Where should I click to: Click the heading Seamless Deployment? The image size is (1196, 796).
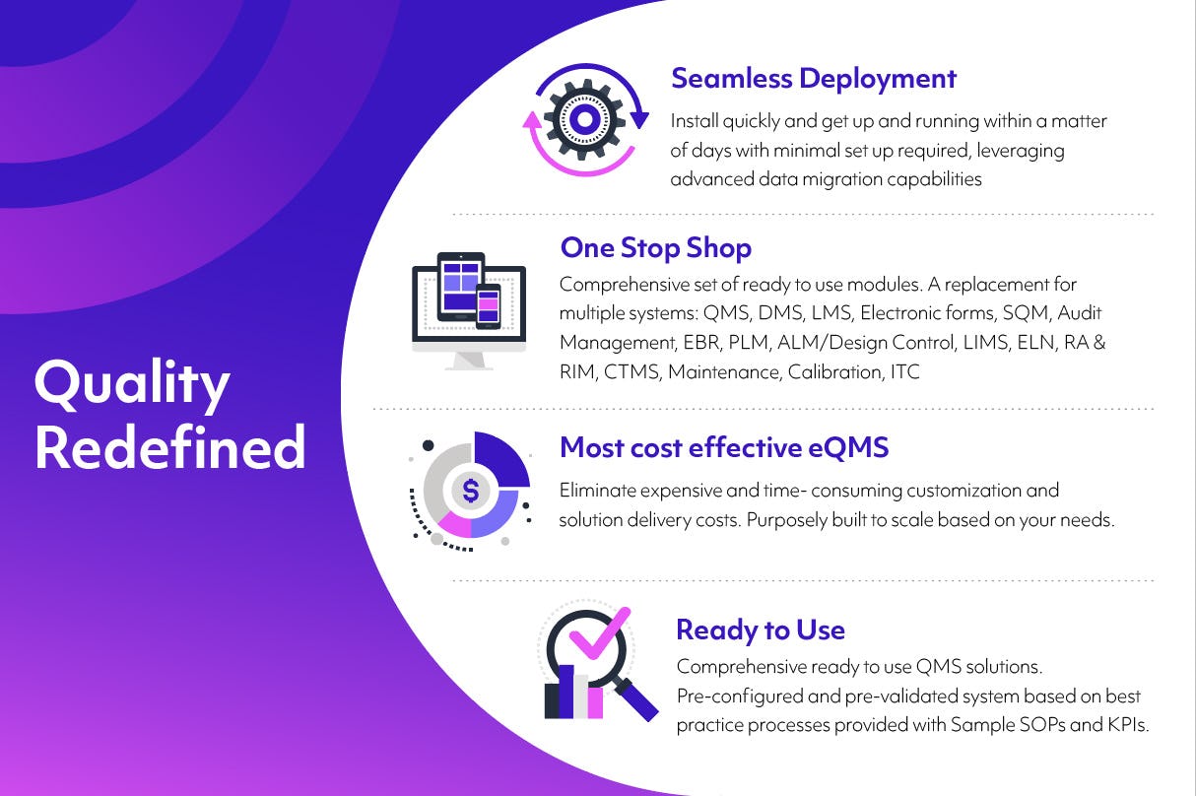coord(813,79)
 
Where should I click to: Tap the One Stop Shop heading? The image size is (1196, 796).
coord(655,247)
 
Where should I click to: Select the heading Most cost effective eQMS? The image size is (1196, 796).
coord(724,447)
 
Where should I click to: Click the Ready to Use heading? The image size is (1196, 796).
coord(760,630)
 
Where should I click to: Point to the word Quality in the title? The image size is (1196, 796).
coord(132,384)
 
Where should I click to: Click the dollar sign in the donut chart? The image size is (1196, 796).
coord(471,489)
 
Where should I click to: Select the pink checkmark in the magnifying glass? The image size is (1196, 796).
coord(598,636)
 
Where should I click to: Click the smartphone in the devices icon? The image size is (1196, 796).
coord(489,306)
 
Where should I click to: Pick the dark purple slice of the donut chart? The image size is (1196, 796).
coord(501,460)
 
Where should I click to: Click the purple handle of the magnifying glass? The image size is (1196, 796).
coord(637,698)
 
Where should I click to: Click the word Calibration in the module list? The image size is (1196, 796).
coord(834,372)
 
